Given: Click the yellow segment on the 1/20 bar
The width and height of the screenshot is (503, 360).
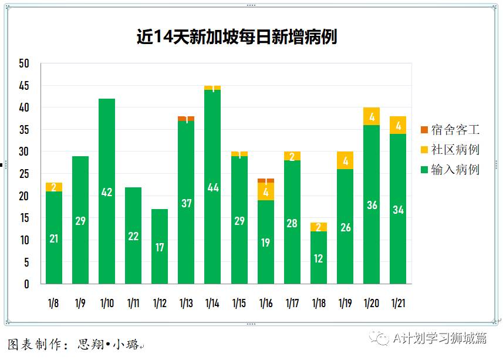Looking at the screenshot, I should (372, 116).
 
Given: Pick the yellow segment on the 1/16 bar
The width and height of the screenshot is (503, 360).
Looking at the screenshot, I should (266, 191).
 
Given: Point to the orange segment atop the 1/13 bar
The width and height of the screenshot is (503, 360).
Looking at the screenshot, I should (186, 119).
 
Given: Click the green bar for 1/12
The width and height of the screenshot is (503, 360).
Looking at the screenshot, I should (160, 246).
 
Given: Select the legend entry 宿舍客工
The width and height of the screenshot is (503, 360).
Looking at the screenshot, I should (450, 130).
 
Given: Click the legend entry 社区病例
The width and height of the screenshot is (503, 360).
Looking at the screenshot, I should (450, 150).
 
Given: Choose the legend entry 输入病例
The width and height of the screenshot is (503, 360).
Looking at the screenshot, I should (450, 170).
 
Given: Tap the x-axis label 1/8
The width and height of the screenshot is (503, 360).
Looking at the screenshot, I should (53, 304).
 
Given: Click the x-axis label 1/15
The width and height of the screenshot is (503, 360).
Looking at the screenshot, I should (239, 304).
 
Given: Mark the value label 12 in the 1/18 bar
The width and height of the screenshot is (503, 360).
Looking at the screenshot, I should (319, 258).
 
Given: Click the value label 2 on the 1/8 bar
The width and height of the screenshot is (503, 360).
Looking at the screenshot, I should (53, 187).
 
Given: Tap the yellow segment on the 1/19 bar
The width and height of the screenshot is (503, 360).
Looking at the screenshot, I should (345, 160).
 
